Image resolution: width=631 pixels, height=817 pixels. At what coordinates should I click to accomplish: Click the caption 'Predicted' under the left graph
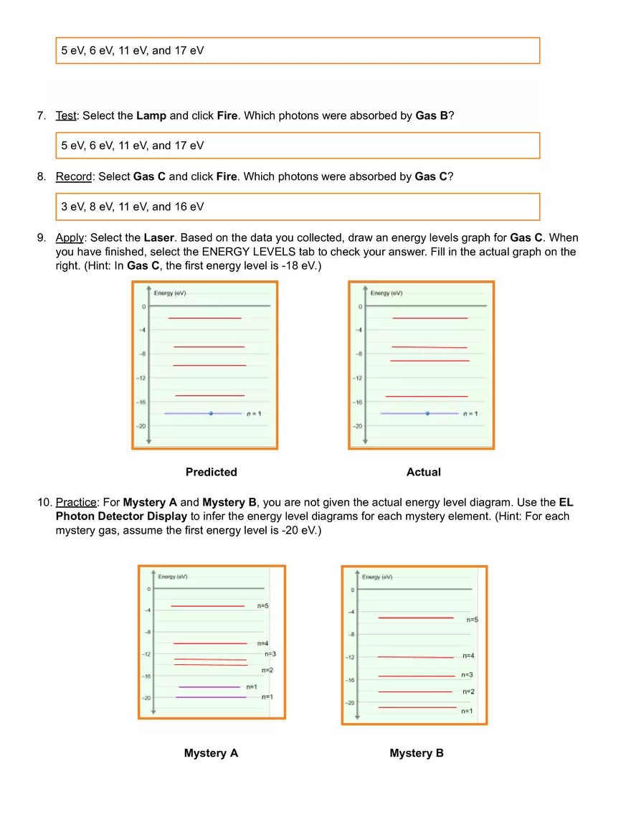tap(211, 472)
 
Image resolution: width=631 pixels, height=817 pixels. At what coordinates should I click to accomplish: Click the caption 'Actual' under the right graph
tap(423, 472)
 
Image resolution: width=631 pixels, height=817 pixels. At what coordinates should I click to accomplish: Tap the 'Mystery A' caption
tap(211, 753)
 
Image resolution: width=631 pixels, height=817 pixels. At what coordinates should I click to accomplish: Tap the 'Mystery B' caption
tap(417, 753)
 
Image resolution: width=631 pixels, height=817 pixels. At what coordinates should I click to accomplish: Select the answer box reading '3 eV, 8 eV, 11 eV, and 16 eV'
tap(298, 207)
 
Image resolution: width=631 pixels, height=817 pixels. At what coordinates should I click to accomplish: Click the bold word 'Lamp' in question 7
tap(151, 115)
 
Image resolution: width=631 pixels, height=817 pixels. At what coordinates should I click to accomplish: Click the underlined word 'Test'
tap(66, 115)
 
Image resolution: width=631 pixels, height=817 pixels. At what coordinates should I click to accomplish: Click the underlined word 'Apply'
tap(70, 237)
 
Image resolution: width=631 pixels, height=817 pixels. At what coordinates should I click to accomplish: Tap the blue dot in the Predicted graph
tap(211, 414)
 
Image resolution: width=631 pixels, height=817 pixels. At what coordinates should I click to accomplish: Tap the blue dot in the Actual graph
tap(427, 414)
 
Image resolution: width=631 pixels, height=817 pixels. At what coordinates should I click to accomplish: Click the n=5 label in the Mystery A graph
tap(263, 606)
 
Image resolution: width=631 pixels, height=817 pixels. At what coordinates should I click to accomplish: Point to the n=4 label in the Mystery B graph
tap(468, 656)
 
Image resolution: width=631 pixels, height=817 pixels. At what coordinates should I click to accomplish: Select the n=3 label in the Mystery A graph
tap(270, 654)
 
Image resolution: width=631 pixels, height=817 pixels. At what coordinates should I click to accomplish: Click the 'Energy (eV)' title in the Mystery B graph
tap(376, 577)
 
